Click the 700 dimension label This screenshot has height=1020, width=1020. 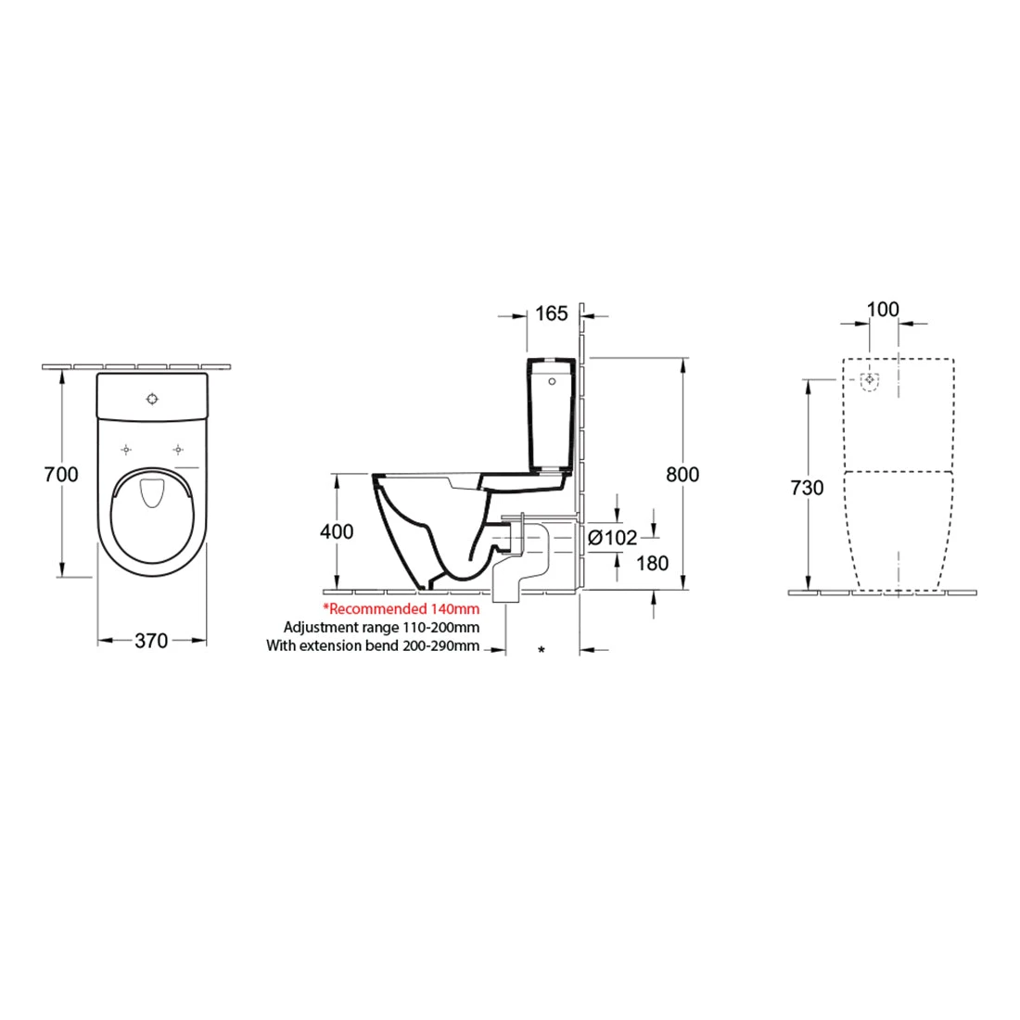pos(61,474)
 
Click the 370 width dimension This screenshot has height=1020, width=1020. pos(151,640)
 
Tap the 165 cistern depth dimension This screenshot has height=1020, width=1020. pos(551,313)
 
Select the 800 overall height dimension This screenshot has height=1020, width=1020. pos(682,474)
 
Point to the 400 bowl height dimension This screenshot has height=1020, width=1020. pos(336,531)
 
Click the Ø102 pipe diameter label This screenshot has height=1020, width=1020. pos(613,538)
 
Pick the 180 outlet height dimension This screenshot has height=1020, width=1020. pos(653,563)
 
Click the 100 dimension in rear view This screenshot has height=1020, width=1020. pos(883,309)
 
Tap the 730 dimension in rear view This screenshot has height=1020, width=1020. pos(808,487)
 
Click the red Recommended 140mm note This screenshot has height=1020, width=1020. pos(401,609)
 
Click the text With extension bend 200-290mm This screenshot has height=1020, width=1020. pos(373,645)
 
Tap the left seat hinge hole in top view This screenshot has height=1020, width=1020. pos(125,450)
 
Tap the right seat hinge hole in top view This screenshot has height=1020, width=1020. pos(176,450)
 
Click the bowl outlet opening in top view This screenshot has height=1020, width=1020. pos(150,494)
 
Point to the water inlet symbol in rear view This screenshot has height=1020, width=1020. pos(870,380)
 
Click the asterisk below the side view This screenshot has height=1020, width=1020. pos(542,651)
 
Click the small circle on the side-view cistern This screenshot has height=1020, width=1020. pos(553,381)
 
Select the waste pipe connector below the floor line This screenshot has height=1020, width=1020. pos(506,583)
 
